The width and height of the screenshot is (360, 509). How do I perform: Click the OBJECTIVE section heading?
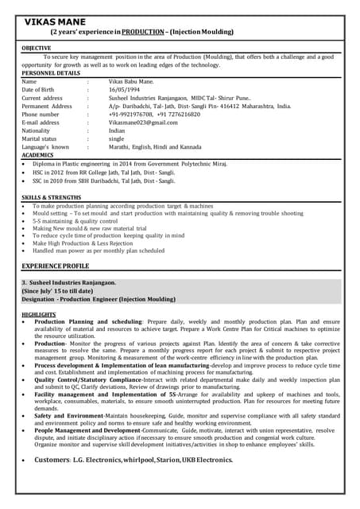click(x=37, y=49)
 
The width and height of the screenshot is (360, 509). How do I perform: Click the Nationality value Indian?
click(x=118, y=130)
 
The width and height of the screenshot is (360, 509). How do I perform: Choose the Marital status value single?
click(x=117, y=138)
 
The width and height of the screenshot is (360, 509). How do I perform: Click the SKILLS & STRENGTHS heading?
click(x=52, y=196)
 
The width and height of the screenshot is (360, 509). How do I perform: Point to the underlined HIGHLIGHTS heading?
click(x=39, y=315)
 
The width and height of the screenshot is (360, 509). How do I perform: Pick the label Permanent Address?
click(x=47, y=106)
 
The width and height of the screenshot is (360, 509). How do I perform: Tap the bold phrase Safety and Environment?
click(x=69, y=414)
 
